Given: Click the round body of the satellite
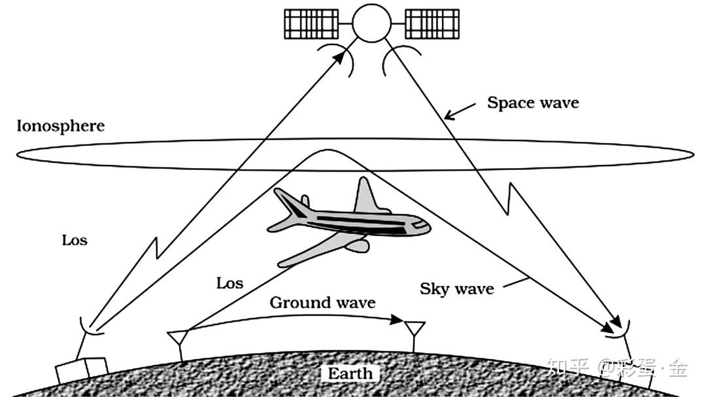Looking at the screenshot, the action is click(x=371, y=23).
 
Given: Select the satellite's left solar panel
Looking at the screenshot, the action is click(x=311, y=24).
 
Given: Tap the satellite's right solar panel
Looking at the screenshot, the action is click(x=432, y=24).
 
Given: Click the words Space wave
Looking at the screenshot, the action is click(x=533, y=103).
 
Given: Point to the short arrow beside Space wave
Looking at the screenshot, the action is click(x=460, y=111).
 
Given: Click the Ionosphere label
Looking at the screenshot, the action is click(x=60, y=126).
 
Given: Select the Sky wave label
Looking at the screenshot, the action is click(x=456, y=288).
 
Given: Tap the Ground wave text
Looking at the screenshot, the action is click(x=322, y=302).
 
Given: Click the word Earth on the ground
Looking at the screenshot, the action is click(x=350, y=373).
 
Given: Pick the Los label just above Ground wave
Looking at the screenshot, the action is click(x=229, y=283).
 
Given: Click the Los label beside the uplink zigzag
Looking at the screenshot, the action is click(x=75, y=240).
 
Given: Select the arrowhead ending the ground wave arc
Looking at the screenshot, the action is click(x=397, y=319).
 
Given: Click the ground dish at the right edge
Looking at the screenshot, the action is click(x=618, y=330).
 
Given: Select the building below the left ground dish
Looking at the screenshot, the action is click(x=82, y=370).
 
